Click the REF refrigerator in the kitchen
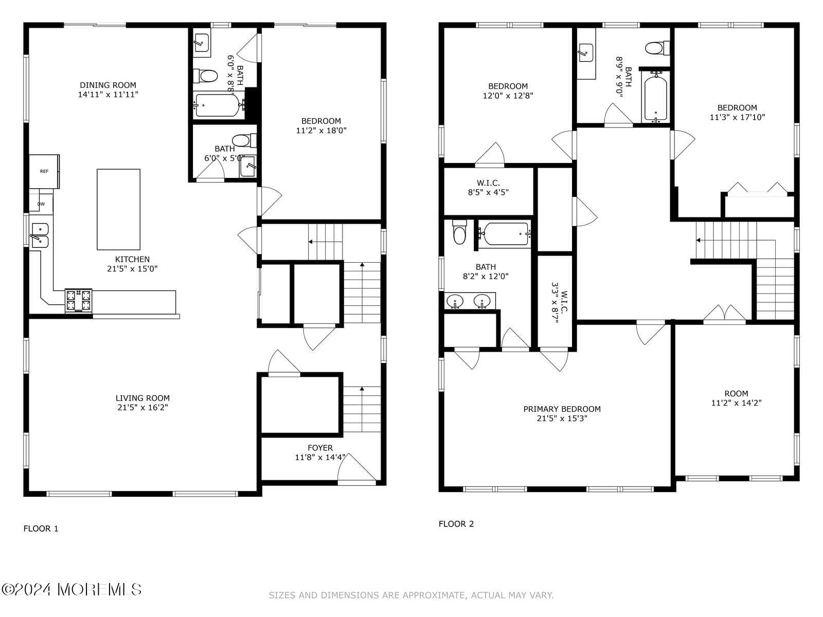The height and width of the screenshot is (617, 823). point(44,171)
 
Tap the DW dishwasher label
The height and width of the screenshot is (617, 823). point(41,204)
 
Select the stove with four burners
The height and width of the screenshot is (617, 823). point(78,300)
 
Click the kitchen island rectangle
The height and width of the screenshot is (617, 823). point(118,209)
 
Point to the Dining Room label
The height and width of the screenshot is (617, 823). point(108,85)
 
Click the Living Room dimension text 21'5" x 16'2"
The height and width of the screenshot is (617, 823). point(143,407)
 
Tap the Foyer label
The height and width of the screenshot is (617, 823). point(320,448)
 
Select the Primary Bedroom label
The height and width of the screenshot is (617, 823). point(562,409)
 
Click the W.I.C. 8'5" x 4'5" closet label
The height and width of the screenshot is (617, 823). point(488,188)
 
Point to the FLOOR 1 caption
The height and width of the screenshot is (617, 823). point(41,529)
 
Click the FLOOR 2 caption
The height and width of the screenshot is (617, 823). point(456,524)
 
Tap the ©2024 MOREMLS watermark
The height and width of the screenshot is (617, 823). point(71,590)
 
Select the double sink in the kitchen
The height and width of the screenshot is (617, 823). point(40,235)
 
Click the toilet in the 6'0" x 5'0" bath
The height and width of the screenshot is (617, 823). point(244,141)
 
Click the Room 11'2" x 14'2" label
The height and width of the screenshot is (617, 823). point(737,398)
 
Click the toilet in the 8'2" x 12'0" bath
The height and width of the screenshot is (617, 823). point(459,232)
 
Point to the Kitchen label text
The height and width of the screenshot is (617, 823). point(132,259)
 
